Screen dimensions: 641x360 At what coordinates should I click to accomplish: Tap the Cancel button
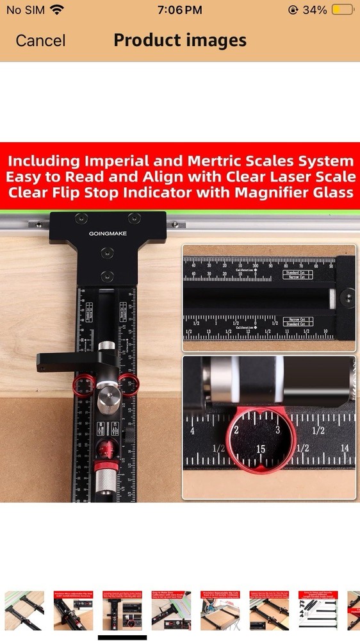pos(40,40)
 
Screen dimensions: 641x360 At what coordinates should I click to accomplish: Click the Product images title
pos(180,40)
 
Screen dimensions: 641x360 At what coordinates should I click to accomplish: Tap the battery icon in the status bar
pos(343,10)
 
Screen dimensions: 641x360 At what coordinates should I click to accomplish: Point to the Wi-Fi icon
pos(57,10)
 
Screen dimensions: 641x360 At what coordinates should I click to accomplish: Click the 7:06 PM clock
pos(179,10)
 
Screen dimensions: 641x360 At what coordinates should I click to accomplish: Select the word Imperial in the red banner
pos(118,160)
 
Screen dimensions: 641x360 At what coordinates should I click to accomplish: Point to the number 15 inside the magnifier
pos(261,449)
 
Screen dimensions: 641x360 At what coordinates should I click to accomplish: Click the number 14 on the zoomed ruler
pos(345,449)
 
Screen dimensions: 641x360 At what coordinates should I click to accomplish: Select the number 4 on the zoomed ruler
pos(192,431)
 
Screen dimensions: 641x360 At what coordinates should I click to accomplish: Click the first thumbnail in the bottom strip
pos(24,611)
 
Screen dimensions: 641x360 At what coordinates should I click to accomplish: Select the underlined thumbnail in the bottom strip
pos(122,611)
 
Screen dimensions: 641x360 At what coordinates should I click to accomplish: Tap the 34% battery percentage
pos(315,10)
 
